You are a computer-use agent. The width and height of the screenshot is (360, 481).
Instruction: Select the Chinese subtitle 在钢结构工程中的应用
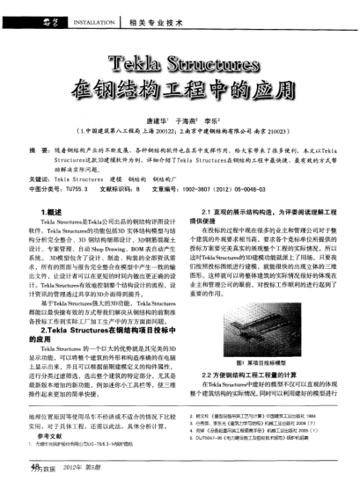tap(180, 91)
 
